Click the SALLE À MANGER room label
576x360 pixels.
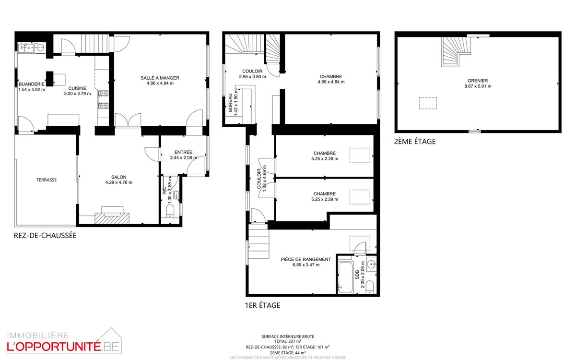tap(160, 78)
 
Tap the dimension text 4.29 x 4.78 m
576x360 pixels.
tap(119, 182)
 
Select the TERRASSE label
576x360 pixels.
tap(47, 180)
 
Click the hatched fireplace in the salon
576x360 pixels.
tap(112, 218)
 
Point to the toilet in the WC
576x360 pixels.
tap(170, 211)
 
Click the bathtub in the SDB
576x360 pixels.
tap(345, 277)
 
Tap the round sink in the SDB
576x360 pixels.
tap(371, 264)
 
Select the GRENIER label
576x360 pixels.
tap(478, 81)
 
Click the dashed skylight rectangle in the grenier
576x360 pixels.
tap(428, 103)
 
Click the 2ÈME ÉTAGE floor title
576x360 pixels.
tap(415, 142)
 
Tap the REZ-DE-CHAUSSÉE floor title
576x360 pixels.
tap(45, 236)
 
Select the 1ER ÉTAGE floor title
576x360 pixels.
tap(262, 305)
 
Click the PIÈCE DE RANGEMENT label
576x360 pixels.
tap(306, 259)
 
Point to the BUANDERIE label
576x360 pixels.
tap(32, 84)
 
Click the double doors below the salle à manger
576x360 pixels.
tap(128, 120)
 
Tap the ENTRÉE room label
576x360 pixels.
tap(183, 152)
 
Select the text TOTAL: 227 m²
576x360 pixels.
tap(288, 341)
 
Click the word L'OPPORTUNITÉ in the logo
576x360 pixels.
tap(54, 347)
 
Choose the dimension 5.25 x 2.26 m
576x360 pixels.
tap(325, 159)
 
